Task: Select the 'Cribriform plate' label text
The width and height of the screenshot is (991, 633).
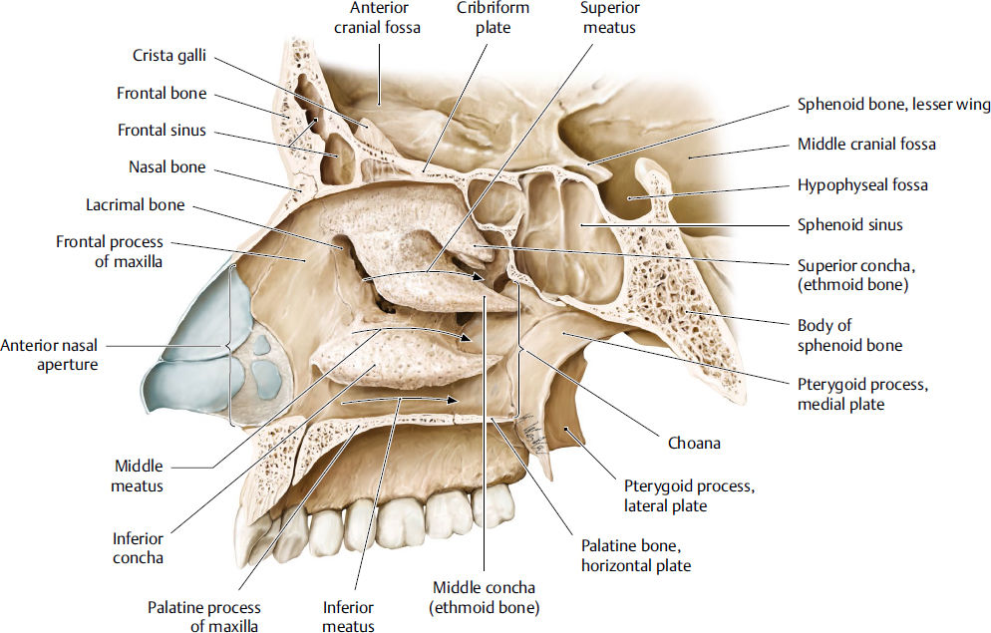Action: click(x=493, y=18)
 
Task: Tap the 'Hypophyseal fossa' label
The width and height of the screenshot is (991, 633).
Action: click(x=862, y=185)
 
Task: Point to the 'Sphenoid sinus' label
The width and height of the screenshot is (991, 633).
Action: click(x=849, y=225)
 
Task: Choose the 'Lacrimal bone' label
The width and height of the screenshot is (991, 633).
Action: click(x=136, y=205)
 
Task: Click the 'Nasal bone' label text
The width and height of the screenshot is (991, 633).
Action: click(x=166, y=166)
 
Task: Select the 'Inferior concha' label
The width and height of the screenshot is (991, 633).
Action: click(x=138, y=548)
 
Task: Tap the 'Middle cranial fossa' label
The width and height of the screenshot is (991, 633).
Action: click(x=866, y=145)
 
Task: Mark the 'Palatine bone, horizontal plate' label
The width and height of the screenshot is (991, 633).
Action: click(x=635, y=556)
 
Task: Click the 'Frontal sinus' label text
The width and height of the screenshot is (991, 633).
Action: click(x=162, y=130)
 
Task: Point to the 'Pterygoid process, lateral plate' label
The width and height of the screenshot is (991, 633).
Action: click(x=681, y=496)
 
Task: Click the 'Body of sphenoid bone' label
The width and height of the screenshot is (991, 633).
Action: click(x=849, y=335)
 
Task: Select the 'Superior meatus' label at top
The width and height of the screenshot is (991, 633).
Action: click(x=609, y=18)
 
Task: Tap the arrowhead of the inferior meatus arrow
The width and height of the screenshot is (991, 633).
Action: click(x=456, y=400)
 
